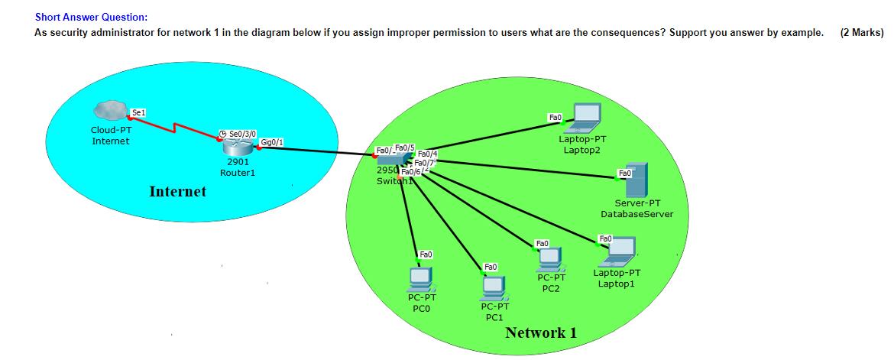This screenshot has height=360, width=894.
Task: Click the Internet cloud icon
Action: (111, 112)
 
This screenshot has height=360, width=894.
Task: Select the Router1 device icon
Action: (236, 145)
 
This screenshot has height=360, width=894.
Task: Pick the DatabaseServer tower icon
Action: (636, 180)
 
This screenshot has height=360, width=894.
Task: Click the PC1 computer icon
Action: (493, 287)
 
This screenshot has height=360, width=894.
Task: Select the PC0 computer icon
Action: (419, 277)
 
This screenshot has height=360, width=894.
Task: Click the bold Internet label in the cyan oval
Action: (177, 191)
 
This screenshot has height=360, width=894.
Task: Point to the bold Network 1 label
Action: (541, 332)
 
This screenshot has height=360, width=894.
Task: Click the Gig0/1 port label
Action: (272, 142)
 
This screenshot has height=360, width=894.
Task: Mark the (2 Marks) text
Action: (861, 33)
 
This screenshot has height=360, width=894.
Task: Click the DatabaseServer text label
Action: (636, 214)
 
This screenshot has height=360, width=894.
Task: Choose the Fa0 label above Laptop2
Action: (556, 117)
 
